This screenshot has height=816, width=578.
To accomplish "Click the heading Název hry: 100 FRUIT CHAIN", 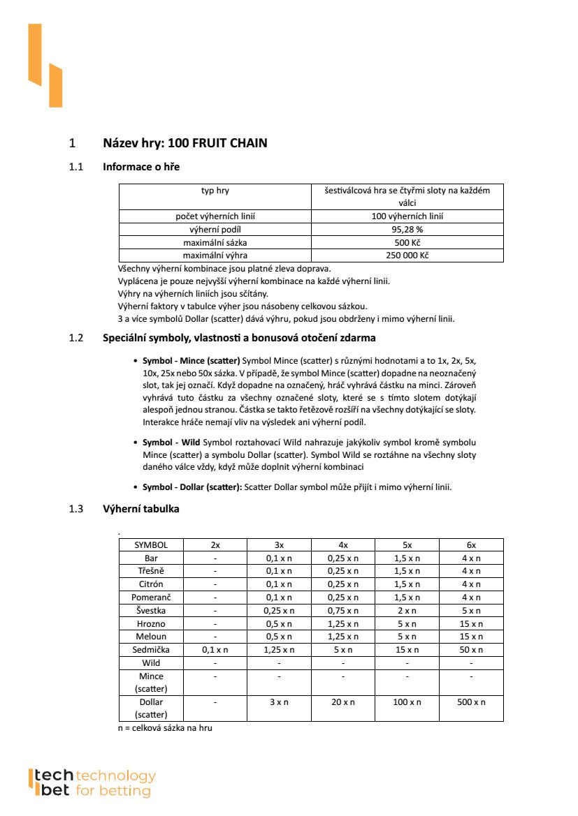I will (x=185, y=143).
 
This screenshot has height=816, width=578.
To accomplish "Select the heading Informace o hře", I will (x=141, y=167).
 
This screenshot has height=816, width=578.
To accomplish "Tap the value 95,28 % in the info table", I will (x=407, y=229).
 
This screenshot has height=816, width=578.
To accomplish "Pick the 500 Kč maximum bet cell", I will (x=407, y=242).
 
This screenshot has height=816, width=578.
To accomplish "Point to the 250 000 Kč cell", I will (x=407, y=255).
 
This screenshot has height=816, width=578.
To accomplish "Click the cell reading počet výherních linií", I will (x=215, y=216).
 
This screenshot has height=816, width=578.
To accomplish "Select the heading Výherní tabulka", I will (x=140, y=509).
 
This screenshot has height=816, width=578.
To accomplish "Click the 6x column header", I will (x=471, y=544).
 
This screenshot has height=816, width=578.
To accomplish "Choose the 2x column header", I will (x=215, y=544).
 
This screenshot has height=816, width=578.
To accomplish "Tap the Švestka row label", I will (x=151, y=610).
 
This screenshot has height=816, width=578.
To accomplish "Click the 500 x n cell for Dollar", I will (x=471, y=702).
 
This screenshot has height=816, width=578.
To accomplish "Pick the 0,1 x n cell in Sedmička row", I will (x=215, y=649).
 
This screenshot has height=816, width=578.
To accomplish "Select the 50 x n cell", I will (x=471, y=649).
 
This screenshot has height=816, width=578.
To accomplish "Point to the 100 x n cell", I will (x=407, y=702).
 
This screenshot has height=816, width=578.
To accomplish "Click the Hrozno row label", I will (x=151, y=623).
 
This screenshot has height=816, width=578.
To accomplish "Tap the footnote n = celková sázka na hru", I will (x=165, y=728).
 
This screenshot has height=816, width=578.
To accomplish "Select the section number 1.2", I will (x=76, y=339).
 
